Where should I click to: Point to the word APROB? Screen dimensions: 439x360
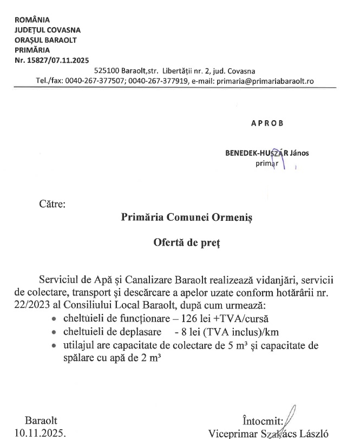click(267, 123)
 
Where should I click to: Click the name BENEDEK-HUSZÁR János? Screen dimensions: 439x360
click(267, 153)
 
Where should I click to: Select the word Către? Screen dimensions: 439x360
click(52, 205)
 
